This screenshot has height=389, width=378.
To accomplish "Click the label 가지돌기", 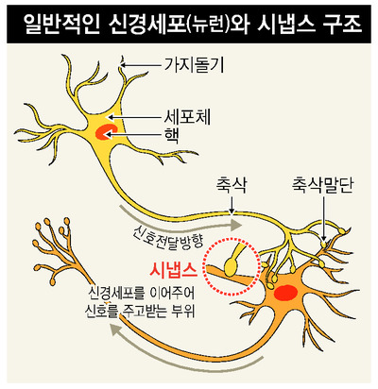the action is point(194,65).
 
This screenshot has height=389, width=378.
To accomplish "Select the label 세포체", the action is point(187,117).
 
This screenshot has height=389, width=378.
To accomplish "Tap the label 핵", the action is point(172,136).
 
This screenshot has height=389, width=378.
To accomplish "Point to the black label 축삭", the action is point(232,186).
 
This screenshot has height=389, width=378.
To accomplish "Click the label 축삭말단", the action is point(322,186).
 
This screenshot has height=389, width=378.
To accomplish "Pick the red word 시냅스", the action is point(174,269).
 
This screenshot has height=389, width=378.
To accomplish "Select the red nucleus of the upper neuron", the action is point(107,131).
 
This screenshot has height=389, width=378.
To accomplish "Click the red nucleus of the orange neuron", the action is point(285,292).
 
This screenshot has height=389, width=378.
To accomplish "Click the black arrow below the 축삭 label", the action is point(232,206).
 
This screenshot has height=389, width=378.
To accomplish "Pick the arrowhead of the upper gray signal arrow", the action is point(235,225).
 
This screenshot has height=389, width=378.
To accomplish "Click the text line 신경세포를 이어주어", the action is point(142,295).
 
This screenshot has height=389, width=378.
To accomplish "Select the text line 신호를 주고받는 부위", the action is point(142,313).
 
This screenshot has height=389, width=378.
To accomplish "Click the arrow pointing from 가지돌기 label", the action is point(141,65).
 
